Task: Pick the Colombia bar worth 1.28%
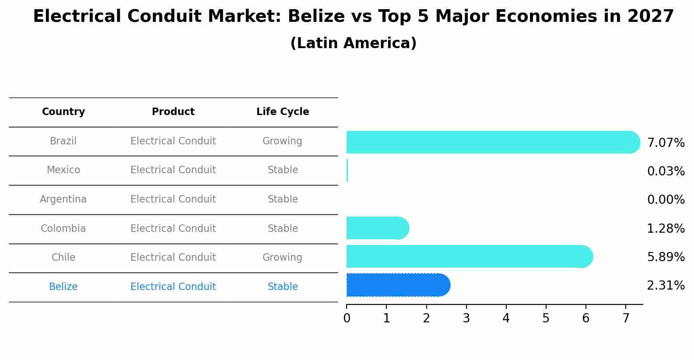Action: (x=377, y=228)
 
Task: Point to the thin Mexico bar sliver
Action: (x=347, y=171)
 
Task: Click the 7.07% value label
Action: (x=666, y=143)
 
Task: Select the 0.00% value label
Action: (x=666, y=200)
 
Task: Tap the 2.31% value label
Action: (x=666, y=286)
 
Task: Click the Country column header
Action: (x=63, y=112)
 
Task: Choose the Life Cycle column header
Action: (x=283, y=112)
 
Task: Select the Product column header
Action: (x=173, y=112)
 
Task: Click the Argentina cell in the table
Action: (x=63, y=199)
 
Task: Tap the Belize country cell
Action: (x=63, y=287)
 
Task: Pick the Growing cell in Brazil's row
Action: (x=282, y=141)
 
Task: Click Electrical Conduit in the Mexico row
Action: (x=173, y=170)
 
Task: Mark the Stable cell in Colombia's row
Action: (x=283, y=229)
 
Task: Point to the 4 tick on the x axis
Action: (x=506, y=318)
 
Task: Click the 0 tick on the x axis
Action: (x=347, y=318)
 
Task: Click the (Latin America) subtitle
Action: (x=353, y=43)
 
